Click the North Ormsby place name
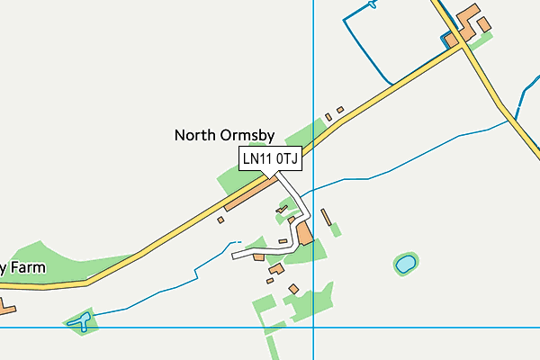tap(223, 135)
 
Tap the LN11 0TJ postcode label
tap(270, 159)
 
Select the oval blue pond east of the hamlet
tap(405, 264)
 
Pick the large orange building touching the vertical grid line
tap(303, 235)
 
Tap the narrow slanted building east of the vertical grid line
tap(326, 216)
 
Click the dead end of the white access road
tap(234, 256)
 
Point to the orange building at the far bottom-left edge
tap(6, 309)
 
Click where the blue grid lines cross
tap(313, 328)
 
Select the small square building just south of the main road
tap(220, 219)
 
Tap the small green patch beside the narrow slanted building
tap(336, 229)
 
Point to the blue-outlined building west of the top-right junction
tap(448, 39)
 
